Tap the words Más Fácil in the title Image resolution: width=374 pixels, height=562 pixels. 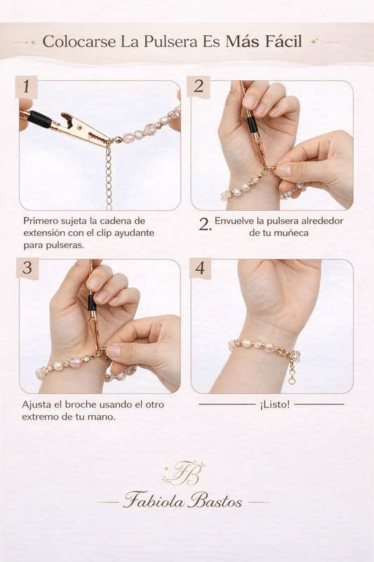[x=264, y=42]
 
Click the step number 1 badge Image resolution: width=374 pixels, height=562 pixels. [x=26, y=87]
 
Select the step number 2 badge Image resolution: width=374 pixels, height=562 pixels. [x=199, y=87]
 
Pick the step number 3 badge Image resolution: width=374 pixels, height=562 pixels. [x=27, y=268]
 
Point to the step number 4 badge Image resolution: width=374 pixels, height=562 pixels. [x=199, y=268]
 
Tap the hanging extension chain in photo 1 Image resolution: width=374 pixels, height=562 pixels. [x=108, y=176]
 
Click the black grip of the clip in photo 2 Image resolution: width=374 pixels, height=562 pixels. [x=251, y=125]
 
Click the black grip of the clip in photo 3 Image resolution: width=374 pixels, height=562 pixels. [x=91, y=303]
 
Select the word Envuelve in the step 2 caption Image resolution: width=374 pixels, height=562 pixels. [x=236, y=221]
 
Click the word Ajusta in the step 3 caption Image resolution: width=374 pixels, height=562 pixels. [x=38, y=405]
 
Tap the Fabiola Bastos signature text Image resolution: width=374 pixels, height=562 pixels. [x=183, y=502]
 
